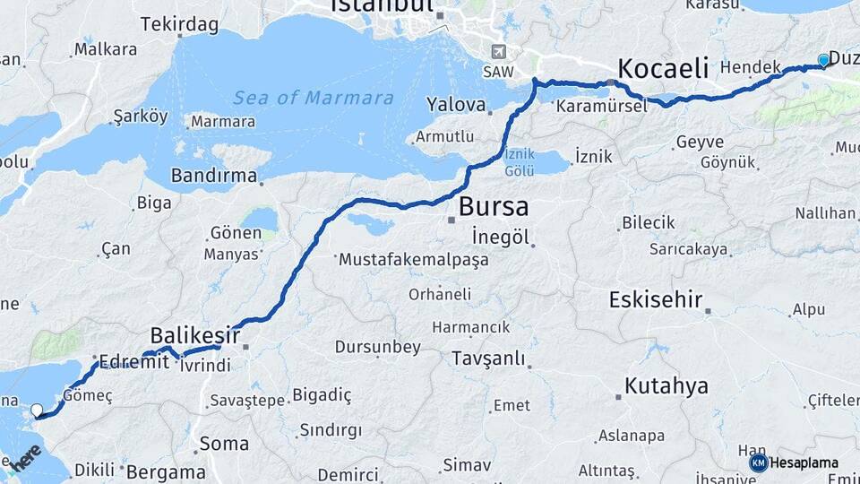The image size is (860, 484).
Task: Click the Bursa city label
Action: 493,206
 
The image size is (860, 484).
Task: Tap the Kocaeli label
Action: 663,68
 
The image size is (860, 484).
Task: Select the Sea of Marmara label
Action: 313,98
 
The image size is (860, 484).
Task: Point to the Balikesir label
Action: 195,335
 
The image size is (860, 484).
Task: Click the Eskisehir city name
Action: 655,299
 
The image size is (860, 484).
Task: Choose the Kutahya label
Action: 666,386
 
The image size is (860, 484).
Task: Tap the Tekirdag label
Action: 179,24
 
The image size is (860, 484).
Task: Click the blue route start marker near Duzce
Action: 824,61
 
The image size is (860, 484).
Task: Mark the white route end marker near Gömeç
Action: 37,411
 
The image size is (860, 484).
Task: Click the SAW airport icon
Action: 498,52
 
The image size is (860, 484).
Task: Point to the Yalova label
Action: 456,105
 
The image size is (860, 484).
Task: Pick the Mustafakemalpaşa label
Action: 413,260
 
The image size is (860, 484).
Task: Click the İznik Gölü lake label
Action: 519,161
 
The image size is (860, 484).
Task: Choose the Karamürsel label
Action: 601,106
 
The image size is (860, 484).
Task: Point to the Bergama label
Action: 166,471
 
